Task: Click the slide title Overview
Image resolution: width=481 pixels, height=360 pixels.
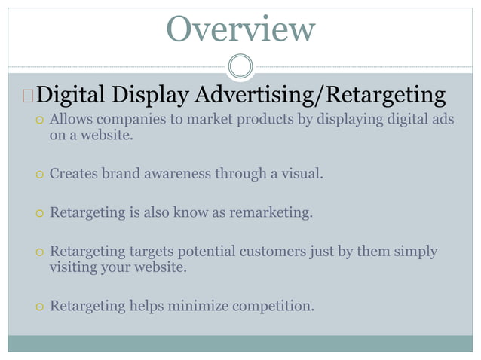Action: [240, 29]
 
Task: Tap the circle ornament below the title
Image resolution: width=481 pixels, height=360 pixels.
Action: [240, 66]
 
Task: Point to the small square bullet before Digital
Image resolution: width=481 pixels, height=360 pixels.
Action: [28, 96]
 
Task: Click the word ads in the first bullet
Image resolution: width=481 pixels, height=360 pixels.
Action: [442, 120]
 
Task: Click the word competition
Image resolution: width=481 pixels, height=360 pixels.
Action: [277, 306]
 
